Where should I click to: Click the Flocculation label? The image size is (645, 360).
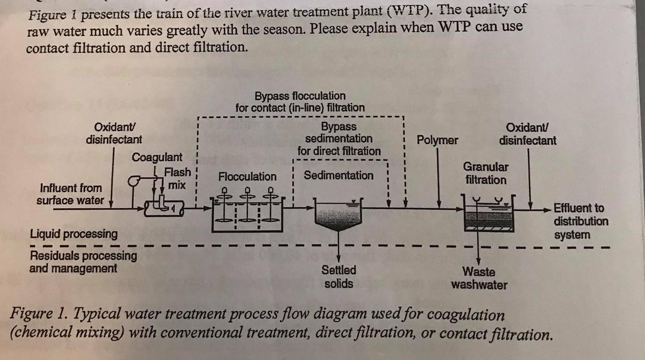coord(247,177)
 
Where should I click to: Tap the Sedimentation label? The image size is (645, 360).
coord(338,175)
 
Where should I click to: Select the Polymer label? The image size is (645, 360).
coord(437,140)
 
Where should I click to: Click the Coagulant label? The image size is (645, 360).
coord(157,157)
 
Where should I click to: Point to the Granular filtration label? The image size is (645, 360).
coord(485,173)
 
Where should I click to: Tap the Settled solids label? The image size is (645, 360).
coord(338,277)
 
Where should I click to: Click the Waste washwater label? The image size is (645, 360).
coord(479,278)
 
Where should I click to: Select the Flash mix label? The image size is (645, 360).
coord(178,178)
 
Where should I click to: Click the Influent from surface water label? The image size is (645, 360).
coord(70,194)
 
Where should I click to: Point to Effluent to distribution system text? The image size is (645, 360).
coord(580,221)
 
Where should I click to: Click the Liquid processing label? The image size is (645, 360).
coord(74,234)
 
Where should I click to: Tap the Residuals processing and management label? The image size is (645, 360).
coord(83,262)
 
